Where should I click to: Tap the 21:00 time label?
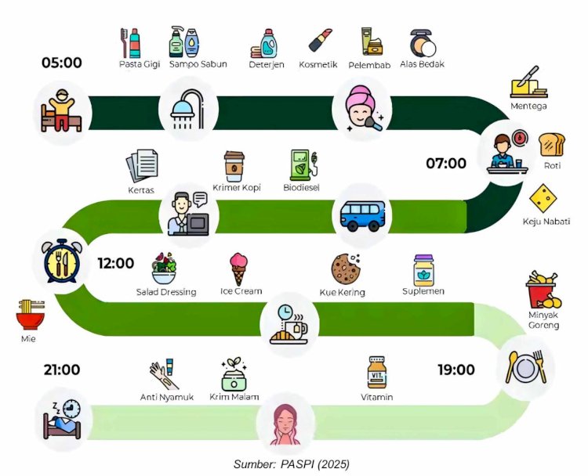click(61, 370)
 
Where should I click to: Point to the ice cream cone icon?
click(239, 269)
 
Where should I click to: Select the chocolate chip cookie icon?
click(346, 268)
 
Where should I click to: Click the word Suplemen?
click(423, 291)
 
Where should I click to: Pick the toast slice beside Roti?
click(552, 146)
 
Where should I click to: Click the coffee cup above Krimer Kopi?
click(234, 167)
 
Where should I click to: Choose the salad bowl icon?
click(164, 269)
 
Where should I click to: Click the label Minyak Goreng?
click(543, 320)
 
